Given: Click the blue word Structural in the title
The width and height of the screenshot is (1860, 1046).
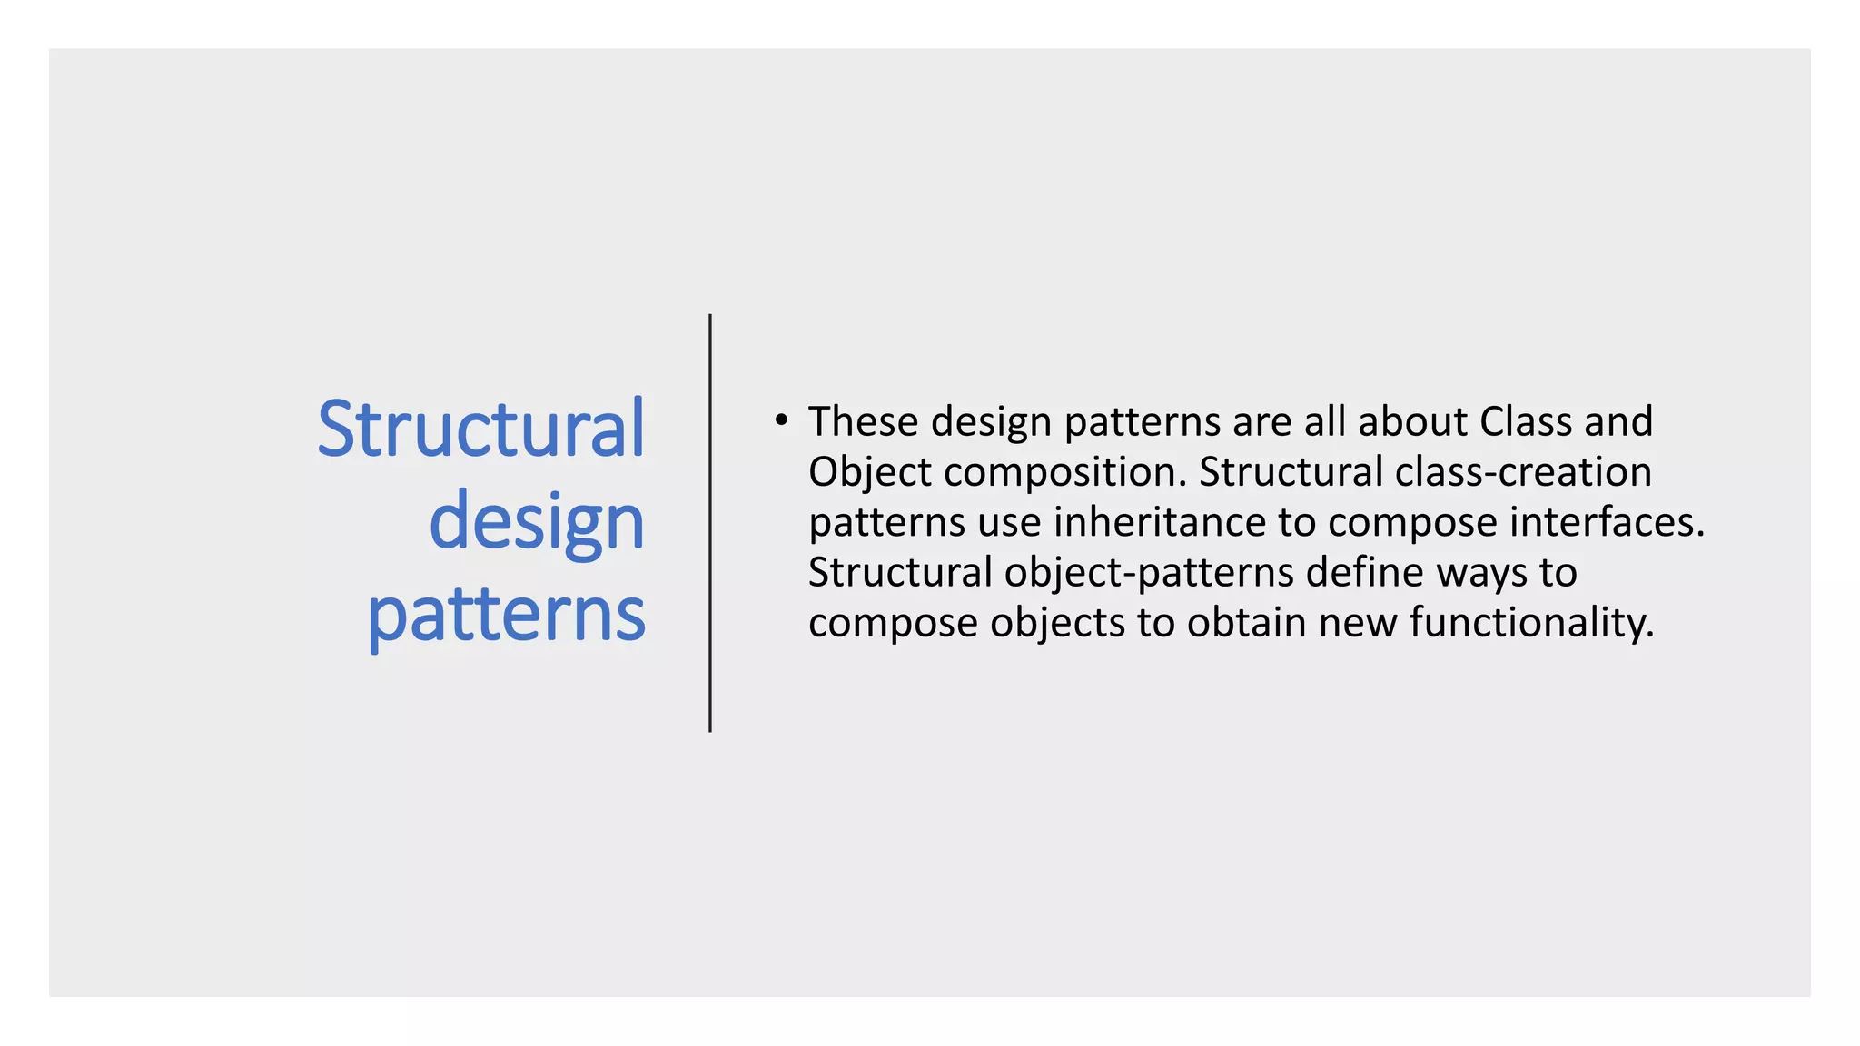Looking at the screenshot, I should tap(480, 429).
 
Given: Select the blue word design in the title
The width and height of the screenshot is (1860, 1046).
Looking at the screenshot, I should tap(536, 522).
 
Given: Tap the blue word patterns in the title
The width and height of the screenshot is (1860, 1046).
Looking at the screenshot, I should tap(506, 616).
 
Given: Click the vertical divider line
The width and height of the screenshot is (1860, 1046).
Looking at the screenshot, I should tap(709, 523).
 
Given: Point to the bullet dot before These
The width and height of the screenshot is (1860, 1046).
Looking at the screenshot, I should tap(780, 419).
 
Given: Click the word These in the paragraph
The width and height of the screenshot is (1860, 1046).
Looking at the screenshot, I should tap(863, 421).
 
